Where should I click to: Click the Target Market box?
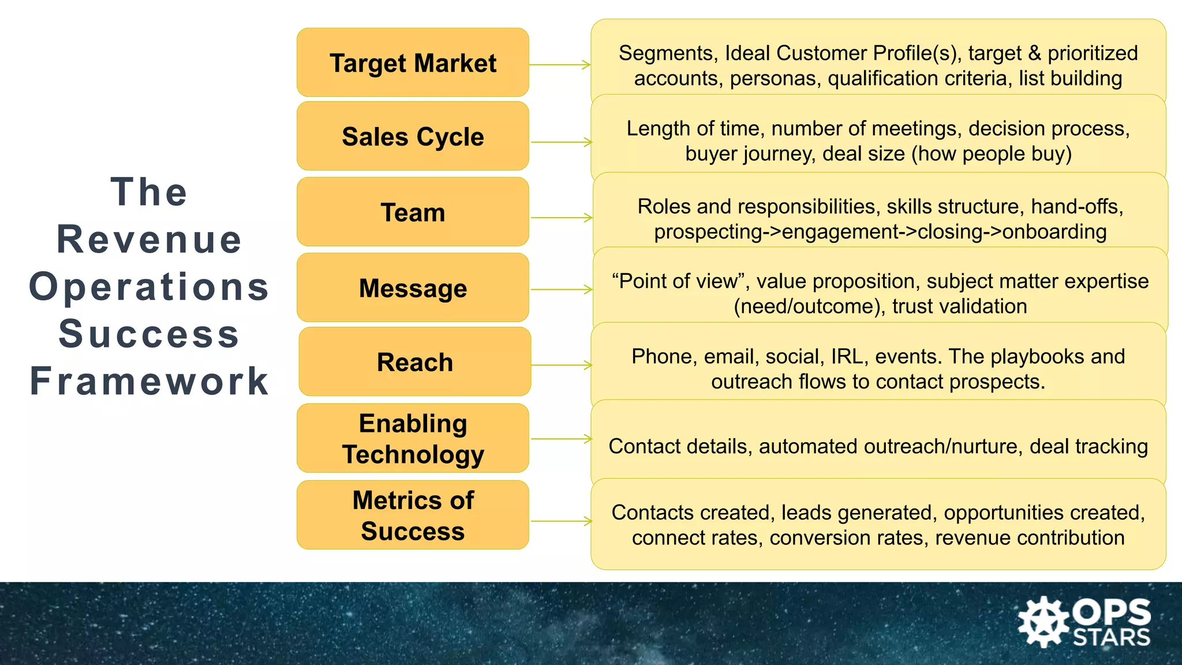pos(413,62)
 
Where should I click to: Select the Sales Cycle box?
pos(413,136)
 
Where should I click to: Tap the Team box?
pos(413,212)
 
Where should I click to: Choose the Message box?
pos(413,287)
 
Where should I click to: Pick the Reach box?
pos(414,362)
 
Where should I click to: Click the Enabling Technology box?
pos(413,438)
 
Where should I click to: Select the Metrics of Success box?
pos(413,515)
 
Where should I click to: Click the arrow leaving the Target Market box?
pos(559,65)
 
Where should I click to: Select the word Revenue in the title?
pos(149,239)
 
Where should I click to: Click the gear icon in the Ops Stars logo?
pos(1043,622)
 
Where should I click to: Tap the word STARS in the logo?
pos(1112,638)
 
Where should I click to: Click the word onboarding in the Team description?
pos(1054,232)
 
